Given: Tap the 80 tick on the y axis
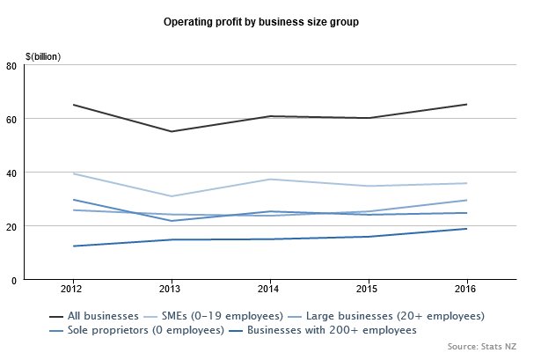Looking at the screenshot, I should coord(11,66).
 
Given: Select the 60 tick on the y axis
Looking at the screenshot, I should coord(11,120).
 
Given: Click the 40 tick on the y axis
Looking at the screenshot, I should coord(11,173).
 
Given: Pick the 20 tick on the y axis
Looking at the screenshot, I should coord(11,227).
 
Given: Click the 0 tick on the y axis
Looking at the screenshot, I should coord(14,281).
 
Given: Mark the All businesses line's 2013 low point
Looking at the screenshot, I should coord(172,131).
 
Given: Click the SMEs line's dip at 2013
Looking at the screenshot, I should coord(172,196).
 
